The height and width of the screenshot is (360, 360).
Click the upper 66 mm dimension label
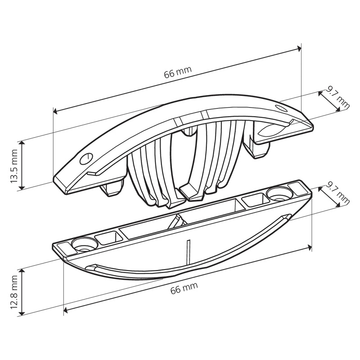pos(178,72)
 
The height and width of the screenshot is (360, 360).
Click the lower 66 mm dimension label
pos(184,288)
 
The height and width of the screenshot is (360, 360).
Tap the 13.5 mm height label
pos(14,166)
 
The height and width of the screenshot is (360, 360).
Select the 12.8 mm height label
pos(14,292)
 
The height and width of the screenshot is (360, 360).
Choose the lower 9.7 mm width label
pos(338,193)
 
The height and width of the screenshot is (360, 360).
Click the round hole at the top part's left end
pos(86,158)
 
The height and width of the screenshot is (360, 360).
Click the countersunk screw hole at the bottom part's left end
pos(84,244)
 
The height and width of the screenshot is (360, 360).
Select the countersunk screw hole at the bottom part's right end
pos(280,193)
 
